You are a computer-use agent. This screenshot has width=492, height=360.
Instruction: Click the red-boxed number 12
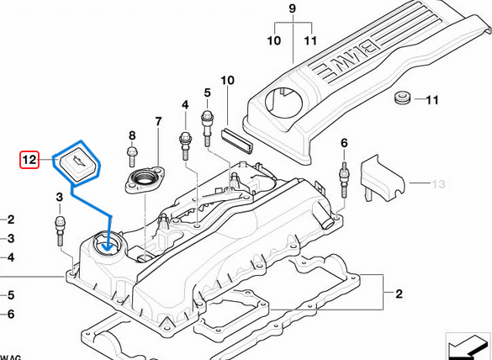click(29, 158)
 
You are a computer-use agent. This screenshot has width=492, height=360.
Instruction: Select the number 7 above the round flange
click(157, 122)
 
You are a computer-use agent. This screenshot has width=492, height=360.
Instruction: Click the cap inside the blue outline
click(77, 161)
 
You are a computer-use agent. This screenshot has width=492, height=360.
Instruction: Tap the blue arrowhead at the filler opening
click(107, 245)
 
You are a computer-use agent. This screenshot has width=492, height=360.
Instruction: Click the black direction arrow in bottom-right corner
click(468, 346)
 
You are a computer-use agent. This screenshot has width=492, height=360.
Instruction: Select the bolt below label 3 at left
click(61, 228)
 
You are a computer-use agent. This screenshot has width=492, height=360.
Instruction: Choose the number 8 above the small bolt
click(131, 135)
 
